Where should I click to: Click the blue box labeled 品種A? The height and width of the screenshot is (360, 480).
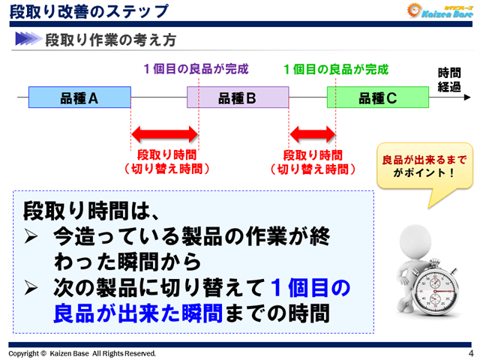point(79,97)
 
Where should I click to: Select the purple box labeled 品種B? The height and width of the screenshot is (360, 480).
point(238,97)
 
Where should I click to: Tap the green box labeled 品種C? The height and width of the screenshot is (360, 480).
point(377,97)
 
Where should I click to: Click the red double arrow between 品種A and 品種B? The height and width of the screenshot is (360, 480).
point(165,135)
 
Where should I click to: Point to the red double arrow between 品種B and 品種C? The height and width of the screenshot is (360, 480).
point(312,135)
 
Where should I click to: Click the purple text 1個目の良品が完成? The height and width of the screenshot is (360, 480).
point(196,70)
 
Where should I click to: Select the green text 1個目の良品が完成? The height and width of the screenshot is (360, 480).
point(336,70)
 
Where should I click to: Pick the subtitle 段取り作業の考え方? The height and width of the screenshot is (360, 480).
point(112,38)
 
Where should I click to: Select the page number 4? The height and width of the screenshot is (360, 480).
point(470,352)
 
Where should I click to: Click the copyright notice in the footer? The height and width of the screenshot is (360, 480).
point(82,352)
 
